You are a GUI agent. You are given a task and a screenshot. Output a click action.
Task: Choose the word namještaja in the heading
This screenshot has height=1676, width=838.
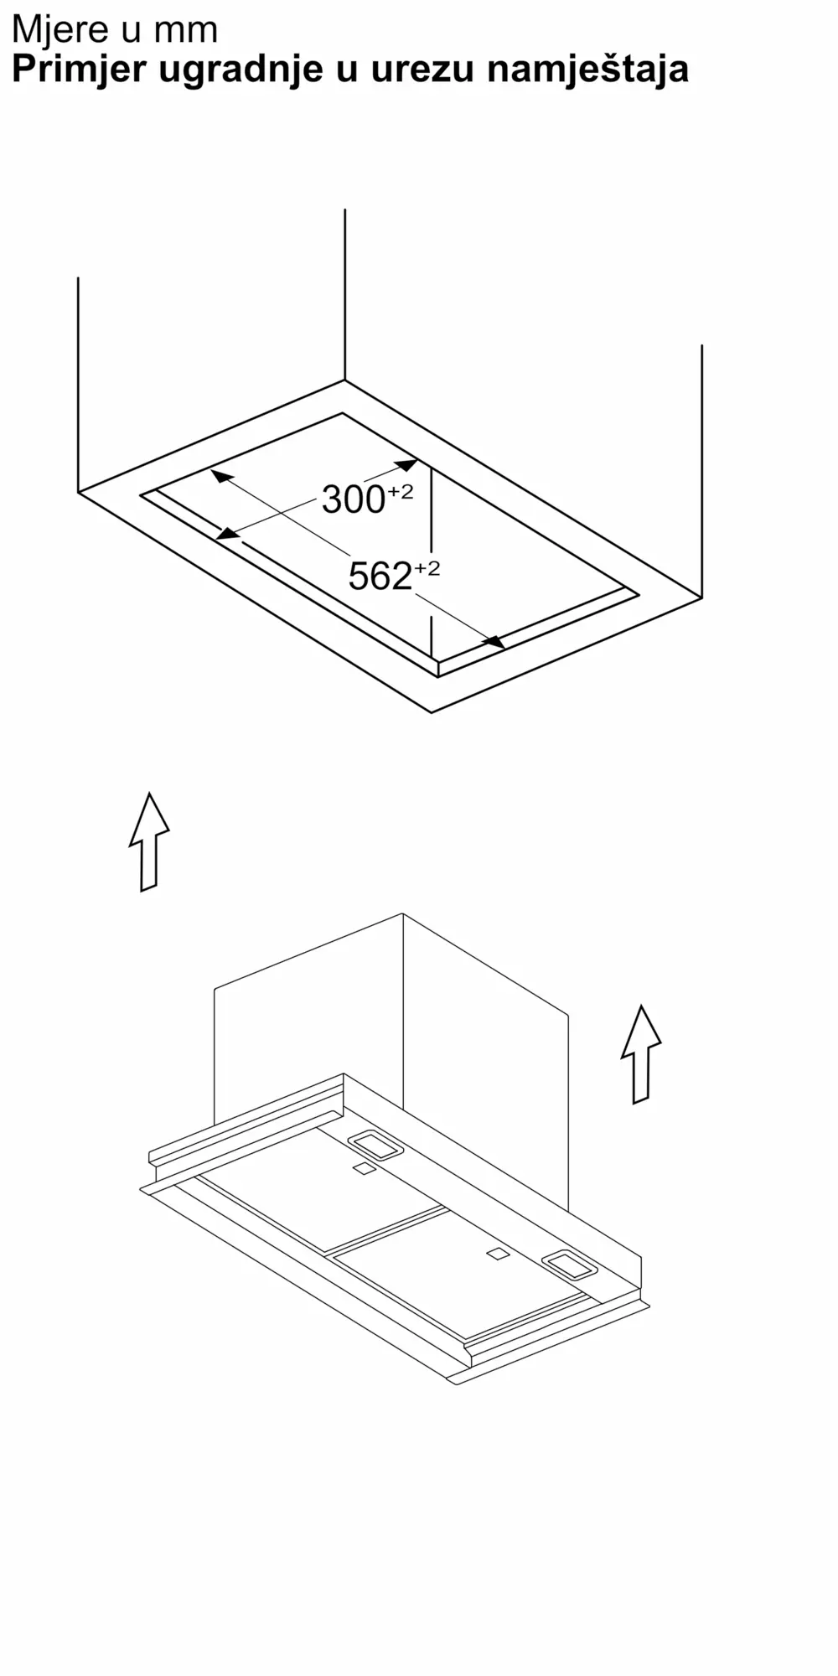587,70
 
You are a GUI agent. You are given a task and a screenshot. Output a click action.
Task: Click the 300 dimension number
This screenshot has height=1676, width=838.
354,500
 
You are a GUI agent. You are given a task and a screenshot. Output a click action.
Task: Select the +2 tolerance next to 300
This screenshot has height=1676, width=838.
401,492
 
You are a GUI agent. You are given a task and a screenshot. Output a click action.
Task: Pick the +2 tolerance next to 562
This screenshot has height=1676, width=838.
427,569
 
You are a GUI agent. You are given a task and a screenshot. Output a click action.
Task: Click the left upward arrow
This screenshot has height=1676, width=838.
149,841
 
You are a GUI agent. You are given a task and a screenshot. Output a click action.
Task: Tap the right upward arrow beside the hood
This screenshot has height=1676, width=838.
641,1054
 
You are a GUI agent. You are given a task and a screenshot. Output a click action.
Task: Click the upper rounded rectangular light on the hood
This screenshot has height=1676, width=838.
375,1145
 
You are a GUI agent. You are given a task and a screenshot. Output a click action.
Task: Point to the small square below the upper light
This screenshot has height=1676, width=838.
364,1169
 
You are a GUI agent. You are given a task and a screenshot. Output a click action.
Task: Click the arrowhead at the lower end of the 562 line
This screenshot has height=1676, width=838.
494,642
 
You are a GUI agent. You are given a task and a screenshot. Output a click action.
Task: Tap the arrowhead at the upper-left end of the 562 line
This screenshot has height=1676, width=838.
221,477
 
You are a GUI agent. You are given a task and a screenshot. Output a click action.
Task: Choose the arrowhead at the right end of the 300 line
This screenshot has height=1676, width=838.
406,465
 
